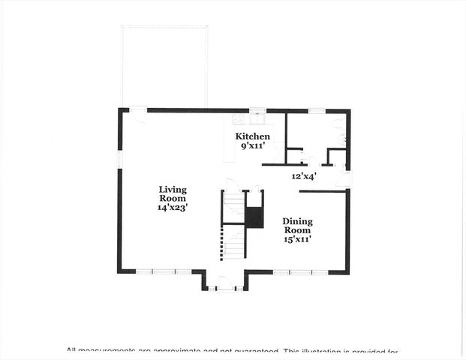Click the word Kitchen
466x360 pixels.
click(253, 136)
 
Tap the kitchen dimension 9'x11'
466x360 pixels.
click(253, 145)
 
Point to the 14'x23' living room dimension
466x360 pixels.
click(172, 207)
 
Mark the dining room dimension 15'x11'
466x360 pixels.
click(297, 239)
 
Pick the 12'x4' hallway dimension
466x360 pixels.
click(304, 176)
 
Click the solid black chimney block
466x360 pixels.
click(254, 217)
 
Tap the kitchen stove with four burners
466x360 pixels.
click(239, 118)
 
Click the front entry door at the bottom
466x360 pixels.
click(224, 283)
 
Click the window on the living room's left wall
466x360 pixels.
click(119, 160)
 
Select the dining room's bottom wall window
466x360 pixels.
click(300, 272)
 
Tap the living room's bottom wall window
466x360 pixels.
click(163, 272)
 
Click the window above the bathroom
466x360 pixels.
click(317, 110)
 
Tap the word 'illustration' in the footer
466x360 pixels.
click(322, 351)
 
